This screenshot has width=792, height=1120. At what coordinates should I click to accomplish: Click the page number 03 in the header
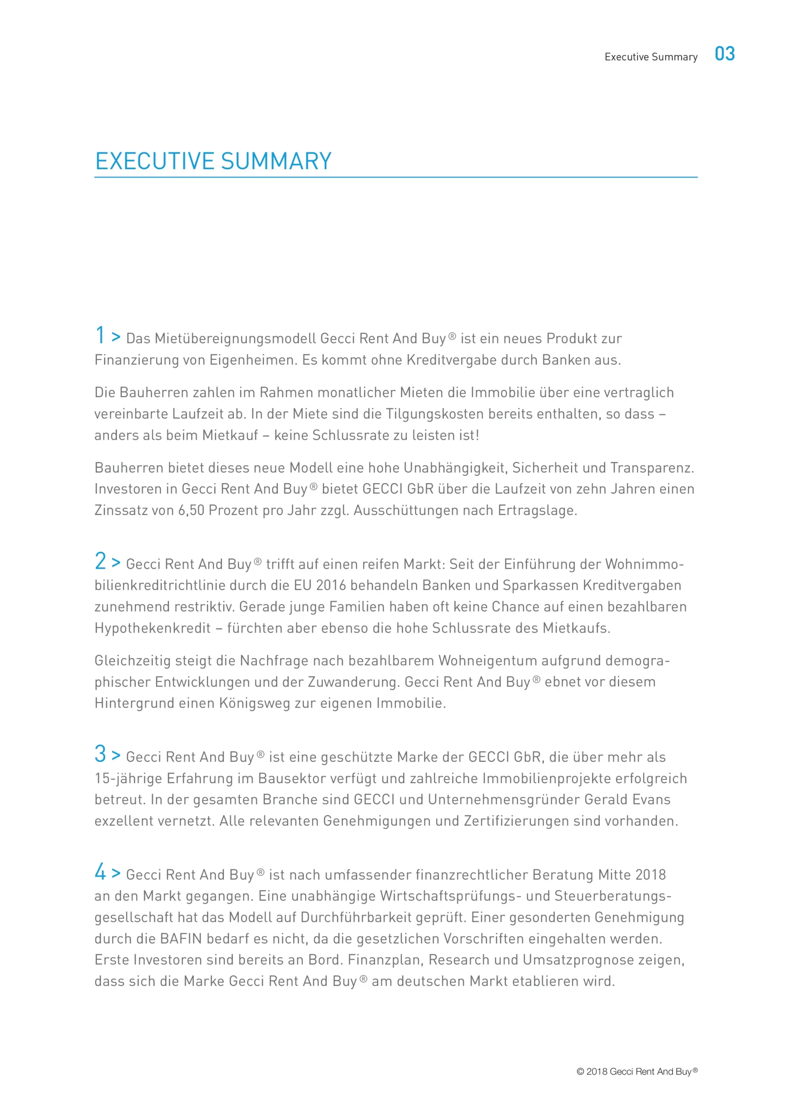click(x=725, y=54)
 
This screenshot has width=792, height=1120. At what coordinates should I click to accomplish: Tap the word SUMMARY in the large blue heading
click(x=276, y=161)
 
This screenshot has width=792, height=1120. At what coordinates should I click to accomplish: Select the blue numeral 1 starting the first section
click(x=100, y=336)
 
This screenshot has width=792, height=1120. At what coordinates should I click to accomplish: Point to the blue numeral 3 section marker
click(x=100, y=754)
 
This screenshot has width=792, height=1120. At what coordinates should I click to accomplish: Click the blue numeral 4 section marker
click(x=100, y=871)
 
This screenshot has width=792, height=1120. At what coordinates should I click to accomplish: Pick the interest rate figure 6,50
click(x=191, y=510)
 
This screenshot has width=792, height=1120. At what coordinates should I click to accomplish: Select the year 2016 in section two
click(x=331, y=585)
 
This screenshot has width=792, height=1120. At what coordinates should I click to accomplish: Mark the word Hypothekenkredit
click(x=152, y=628)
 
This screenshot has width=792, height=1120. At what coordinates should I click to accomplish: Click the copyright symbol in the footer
click(x=580, y=1072)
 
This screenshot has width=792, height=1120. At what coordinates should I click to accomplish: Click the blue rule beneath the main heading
click(x=395, y=177)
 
